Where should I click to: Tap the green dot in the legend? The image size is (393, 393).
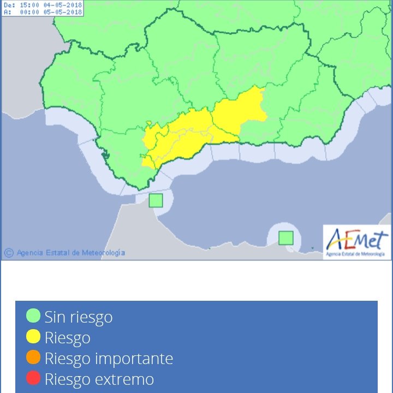(x=34, y=316)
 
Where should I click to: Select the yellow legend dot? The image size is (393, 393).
(x=34, y=337)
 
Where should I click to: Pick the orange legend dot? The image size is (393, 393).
(x=34, y=358)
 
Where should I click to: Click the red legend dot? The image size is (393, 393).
(x=34, y=379)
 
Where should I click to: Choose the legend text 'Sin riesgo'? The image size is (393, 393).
(x=79, y=317)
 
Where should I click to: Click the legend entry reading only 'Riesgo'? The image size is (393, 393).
(x=67, y=338)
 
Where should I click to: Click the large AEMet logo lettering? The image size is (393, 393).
(x=357, y=240)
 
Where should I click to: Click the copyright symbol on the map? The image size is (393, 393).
(x=9, y=253)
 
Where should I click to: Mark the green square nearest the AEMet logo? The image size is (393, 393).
(x=286, y=238)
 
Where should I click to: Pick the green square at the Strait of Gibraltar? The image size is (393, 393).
(x=156, y=200)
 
